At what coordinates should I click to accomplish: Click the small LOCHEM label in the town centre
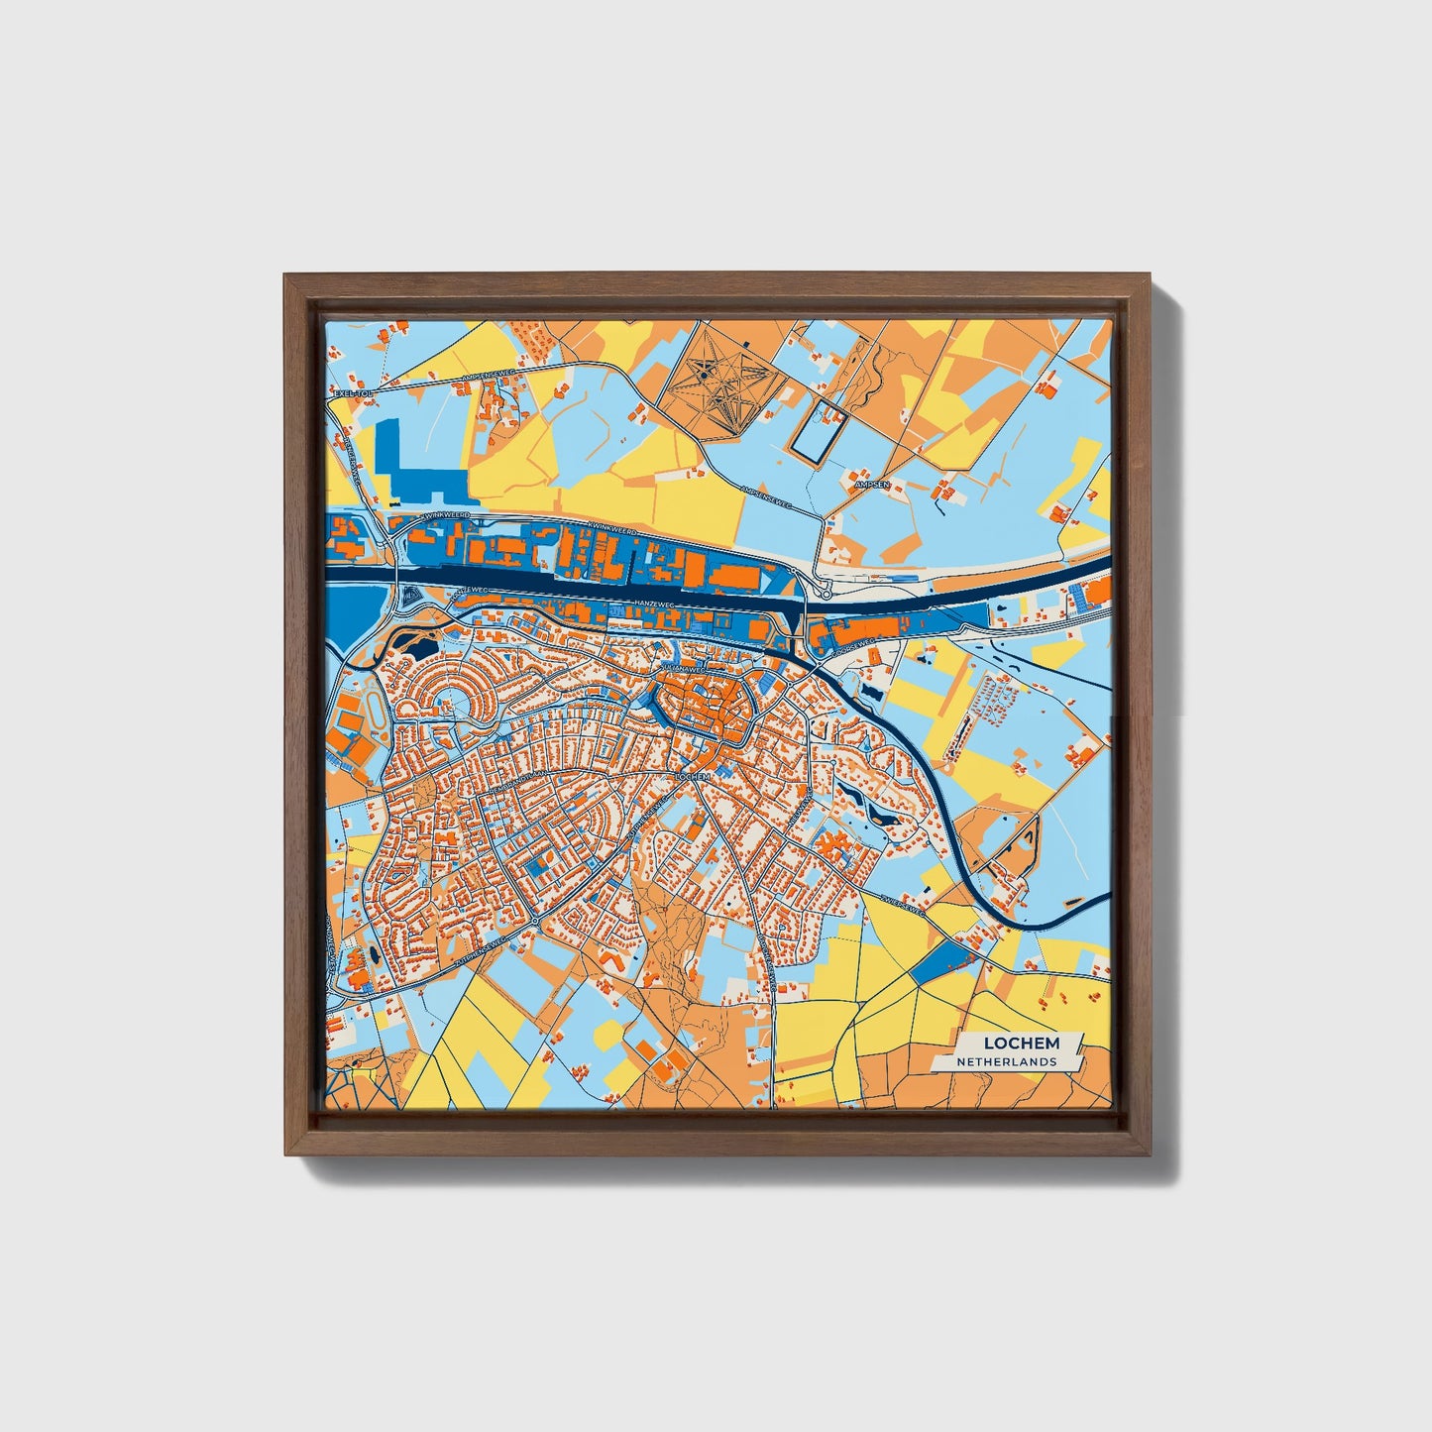pyautogui.click(x=693, y=778)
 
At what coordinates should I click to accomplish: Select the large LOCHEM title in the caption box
pyautogui.click(x=1022, y=1043)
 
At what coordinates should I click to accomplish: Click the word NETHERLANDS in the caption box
pyautogui.click(x=1006, y=1062)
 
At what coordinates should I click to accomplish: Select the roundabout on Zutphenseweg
pyautogui.click(x=534, y=922)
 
